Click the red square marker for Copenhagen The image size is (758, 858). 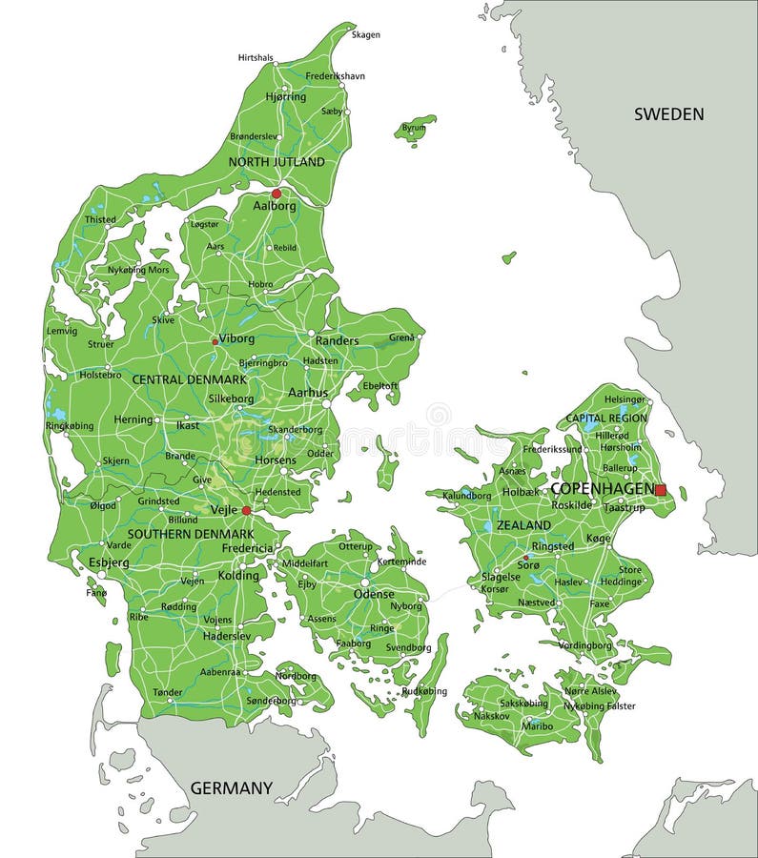tap(660, 490)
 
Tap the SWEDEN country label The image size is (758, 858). tap(669, 114)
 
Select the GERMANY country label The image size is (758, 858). tap(231, 788)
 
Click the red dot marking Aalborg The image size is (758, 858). tap(277, 194)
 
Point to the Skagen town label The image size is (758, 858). tap(366, 35)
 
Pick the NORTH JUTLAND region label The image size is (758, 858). tap(277, 162)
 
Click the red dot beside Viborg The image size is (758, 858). tap(215, 340)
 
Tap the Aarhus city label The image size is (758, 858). tap(307, 393)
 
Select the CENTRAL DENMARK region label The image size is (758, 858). tap(189, 379)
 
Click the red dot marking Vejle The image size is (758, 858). tap(246, 511)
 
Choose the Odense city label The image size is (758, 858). tap(374, 594)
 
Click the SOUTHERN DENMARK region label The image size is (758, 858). tap(191, 534)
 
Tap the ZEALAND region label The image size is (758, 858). tap(523, 525)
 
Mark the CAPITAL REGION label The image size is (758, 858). tap(606, 418)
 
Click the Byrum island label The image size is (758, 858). tap(414, 128)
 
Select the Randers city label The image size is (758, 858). tap(337, 340)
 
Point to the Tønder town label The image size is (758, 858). tap(167, 692)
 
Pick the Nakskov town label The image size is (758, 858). tap(491, 715)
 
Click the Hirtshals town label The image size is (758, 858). tap(256, 58)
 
